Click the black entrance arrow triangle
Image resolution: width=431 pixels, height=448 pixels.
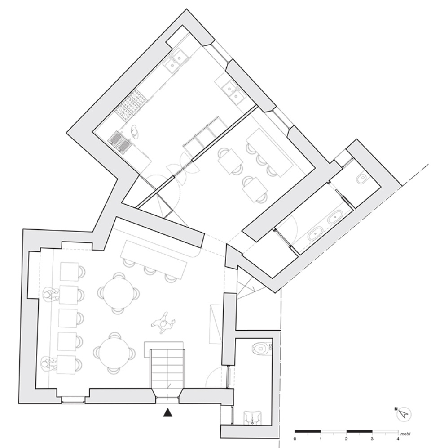coord(168,412)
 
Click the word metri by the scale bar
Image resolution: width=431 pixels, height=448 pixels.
coord(405,434)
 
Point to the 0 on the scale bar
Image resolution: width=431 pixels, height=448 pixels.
coord(295,439)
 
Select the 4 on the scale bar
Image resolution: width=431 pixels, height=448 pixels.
coord(398,439)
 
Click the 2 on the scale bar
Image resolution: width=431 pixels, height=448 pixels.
coord(346,439)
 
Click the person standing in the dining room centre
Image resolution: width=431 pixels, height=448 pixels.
coord(163,323)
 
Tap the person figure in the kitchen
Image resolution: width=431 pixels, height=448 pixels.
coord(135,132)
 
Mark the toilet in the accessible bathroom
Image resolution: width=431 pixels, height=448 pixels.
coord(260,348)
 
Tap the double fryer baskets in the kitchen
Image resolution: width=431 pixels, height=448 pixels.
coord(119,141)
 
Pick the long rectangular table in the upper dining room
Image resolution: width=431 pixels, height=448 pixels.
coord(269,152)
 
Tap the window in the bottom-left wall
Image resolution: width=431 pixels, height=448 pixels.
coord(73,400)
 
